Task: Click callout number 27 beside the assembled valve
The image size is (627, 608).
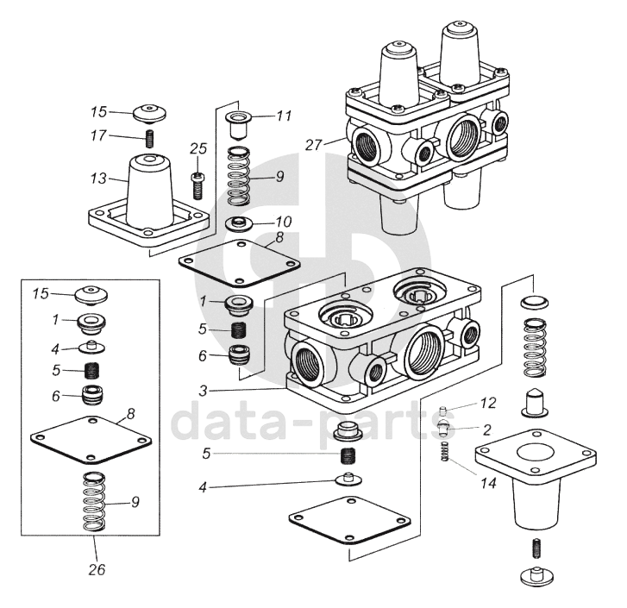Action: [314, 145]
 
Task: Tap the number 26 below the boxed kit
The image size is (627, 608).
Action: [97, 569]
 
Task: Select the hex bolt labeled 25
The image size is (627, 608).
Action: [197, 185]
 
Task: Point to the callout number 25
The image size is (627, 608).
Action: [198, 148]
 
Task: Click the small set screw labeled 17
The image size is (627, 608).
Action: [149, 139]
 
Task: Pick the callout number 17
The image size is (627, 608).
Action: [99, 135]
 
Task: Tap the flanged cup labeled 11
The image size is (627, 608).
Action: [238, 125]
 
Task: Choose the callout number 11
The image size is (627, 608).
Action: [284, 116]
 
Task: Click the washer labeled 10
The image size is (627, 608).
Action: [239, 224]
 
